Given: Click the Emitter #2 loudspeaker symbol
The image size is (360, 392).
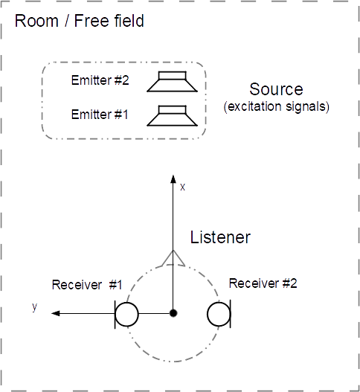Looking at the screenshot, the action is pos(173,82).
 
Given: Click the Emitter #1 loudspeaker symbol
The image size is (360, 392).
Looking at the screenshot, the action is pos(173,116).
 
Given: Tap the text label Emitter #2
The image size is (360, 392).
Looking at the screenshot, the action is pos(100,80).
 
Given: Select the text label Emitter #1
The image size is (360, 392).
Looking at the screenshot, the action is pos(100,115).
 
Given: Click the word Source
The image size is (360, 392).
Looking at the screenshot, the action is pos(276,89).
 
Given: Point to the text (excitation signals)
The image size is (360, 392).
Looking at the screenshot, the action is pos(276,106).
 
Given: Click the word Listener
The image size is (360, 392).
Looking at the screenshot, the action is pos(220,237).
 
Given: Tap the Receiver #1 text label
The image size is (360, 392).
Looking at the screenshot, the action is pos(87,285).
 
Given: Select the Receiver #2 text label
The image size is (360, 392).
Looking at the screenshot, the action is pos(263,283).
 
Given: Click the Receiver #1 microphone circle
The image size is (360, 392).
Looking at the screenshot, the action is pos(126,314).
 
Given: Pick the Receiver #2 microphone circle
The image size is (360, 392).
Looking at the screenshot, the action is pos(219,314).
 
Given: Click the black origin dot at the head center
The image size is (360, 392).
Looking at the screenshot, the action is pos(173,313).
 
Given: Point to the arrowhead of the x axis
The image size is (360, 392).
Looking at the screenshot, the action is pos(173,179).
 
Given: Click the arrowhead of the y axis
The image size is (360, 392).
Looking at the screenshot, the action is pos(56,313).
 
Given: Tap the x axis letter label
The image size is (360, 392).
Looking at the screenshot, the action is pos(183,187).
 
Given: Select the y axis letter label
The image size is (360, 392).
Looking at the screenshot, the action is pos(34,306).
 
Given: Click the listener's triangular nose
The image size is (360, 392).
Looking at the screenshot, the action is pos(173,257).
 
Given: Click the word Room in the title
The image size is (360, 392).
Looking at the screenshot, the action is pos(36,21).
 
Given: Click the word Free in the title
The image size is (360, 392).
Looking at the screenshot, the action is pos(92,21).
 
